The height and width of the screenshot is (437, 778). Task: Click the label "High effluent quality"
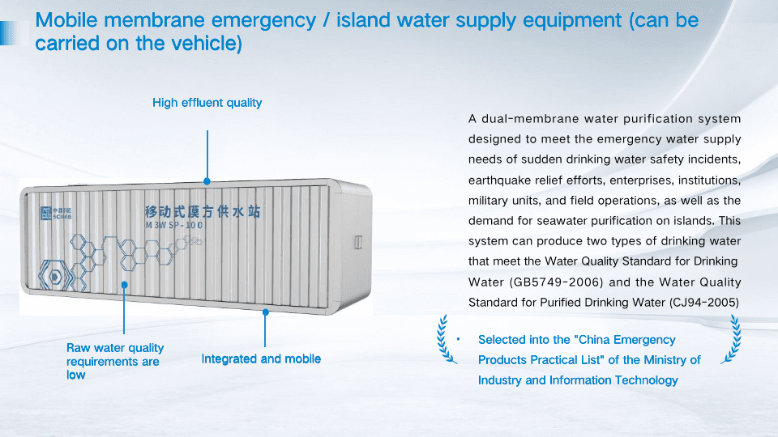click(x=207, y=103)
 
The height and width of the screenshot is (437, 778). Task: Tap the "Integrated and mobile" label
click(x=261, y=359)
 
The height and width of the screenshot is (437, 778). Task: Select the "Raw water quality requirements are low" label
click(x=115, y=361)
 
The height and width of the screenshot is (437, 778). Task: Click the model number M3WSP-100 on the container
click(x=174, y=225)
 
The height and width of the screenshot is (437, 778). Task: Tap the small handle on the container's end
click(x=357, y=241)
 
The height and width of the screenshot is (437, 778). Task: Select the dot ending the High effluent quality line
click(x=207, y=182)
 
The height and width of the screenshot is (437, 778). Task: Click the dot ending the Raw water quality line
click(x=124, y=285)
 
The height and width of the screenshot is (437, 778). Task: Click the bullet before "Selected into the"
click(x=458, y=340)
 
